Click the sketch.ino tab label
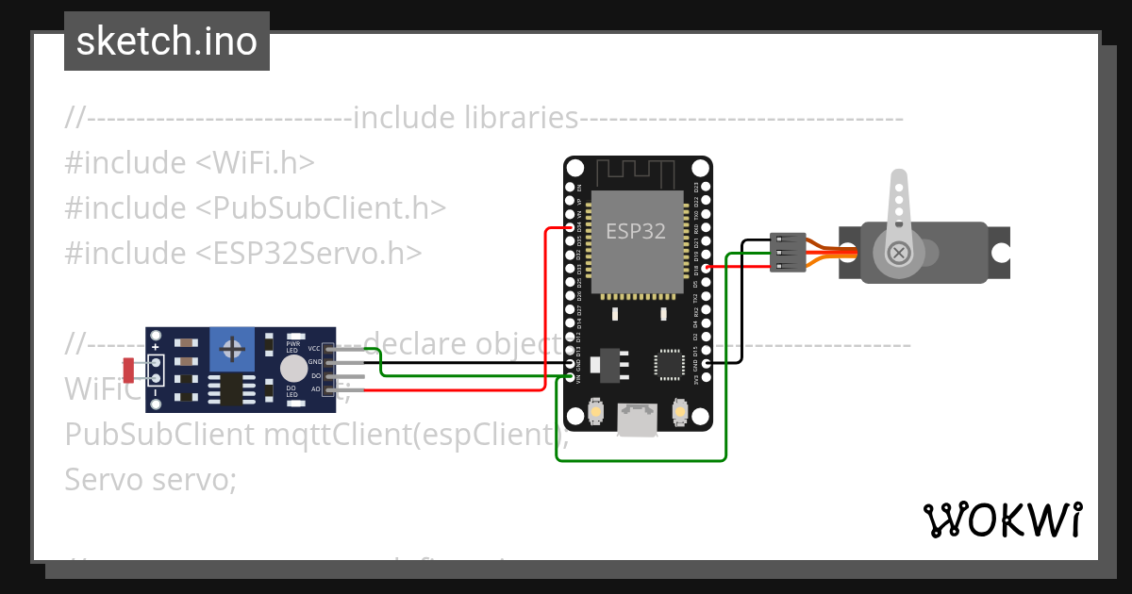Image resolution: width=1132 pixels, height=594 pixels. click(167, 41)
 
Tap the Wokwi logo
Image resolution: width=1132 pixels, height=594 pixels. click(1001, 520)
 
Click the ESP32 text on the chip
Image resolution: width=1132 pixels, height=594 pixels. click(635, 232)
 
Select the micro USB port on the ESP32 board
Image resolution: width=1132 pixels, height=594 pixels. click(637, 421)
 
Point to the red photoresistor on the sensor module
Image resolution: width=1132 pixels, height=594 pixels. click(129, 370)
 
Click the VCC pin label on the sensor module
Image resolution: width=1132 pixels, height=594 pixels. click(313, 349)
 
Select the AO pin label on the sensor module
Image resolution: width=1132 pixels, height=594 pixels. click(314, 388)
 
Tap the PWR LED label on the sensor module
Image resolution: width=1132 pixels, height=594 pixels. click(293, 346)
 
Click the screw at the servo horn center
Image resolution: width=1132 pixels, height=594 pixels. click(899, 252)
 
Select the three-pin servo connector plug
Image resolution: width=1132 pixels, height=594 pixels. click(788, 253)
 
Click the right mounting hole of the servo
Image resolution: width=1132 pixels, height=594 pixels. click(1000, 253)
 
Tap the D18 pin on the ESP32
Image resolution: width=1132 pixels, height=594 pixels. click(706, 267)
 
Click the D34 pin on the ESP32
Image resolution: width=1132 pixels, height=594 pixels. click(569, 227)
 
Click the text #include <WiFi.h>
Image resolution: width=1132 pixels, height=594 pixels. click(189, 163)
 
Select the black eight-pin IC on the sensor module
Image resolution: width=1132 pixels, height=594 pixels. click(229, 389)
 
